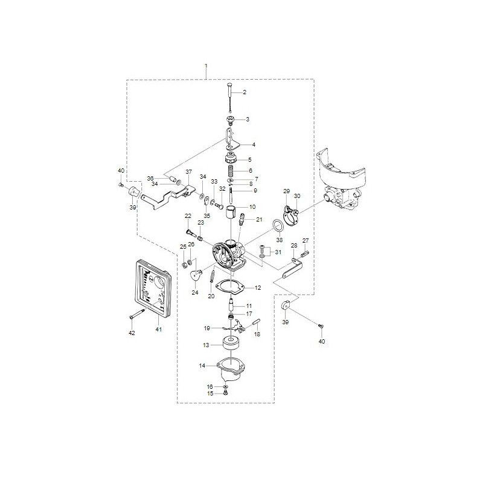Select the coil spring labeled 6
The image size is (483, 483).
pyautogui.click(x=231, y=171)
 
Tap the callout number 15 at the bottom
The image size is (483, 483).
pyautogui.click(x=210, y=393)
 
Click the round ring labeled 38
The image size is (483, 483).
pyautogui.click(x=279, y=226)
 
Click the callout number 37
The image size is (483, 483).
pyautogui.click(x=188, y=171)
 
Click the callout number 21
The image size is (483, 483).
pyautogui.click(x=259, y=219)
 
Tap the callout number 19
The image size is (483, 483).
pyautogui.click(x=206, y=328)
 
